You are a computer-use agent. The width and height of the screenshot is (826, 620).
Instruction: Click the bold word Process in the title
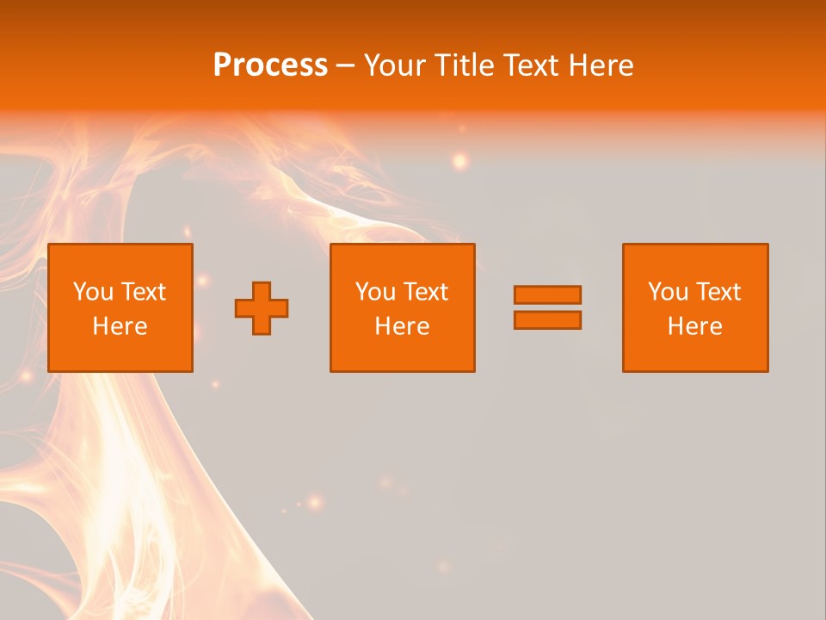(x=270, y=65)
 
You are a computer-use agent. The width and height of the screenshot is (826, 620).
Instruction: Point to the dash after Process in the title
(x=346, y=66)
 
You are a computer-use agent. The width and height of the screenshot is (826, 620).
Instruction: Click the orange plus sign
(x=262, y=308)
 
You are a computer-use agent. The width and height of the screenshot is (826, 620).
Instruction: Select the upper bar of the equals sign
(x=547, y=294)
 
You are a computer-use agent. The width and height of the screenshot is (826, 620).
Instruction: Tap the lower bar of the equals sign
(x=547, y=320)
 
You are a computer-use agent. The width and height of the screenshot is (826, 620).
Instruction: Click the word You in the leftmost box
(x=94, y=292)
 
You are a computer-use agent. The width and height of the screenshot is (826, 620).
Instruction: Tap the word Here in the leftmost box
(x=120, y=326)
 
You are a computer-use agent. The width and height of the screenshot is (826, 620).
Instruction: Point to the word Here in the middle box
(x=403, y=326)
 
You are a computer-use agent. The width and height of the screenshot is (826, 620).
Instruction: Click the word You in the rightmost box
(x=669, y=292)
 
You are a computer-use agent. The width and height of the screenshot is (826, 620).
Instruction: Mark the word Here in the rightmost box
(x=695, y=326)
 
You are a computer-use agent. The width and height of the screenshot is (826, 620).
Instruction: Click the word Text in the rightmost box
(x=718, y=292)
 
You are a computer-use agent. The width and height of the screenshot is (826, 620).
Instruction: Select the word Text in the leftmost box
(x=144, y=292)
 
